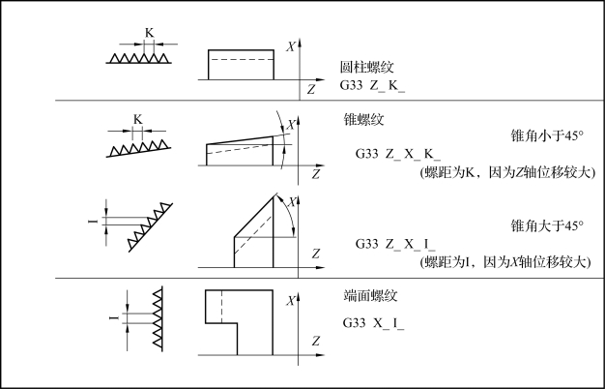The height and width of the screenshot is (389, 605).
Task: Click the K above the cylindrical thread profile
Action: pos(149,33)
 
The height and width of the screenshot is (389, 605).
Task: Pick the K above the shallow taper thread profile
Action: pos(137,120)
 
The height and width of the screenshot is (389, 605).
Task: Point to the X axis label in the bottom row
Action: pos(291,302)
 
